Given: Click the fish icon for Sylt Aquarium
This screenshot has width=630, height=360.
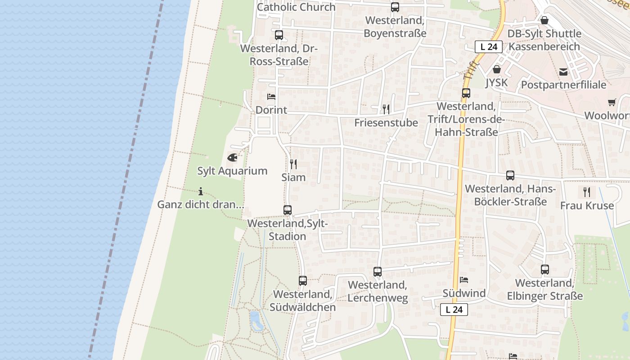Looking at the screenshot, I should pos(232,157).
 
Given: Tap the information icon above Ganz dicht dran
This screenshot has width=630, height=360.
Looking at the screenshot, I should pos(201,191).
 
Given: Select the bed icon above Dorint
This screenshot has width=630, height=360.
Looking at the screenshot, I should pos(271,97).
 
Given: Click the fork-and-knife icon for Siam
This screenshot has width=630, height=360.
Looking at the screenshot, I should pos(293,164).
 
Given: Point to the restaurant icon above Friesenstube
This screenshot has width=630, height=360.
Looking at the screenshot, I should pos(386,109).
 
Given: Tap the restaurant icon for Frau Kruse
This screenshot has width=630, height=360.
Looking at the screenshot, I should pos(587,192).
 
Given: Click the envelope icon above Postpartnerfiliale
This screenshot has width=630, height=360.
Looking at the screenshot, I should pos(563,72).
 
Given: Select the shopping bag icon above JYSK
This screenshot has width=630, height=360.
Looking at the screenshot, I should pos(497,69).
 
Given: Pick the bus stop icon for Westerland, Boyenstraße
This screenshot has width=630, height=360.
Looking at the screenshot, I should pos(395,7).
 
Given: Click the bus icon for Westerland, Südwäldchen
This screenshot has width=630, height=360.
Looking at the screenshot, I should pos(303,281).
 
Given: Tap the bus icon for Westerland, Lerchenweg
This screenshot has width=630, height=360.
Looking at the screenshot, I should pos(378,272).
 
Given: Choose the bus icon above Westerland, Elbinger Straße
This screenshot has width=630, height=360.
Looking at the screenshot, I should pos(545,270).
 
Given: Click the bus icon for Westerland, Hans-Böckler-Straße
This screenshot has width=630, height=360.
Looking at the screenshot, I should pos(510,175).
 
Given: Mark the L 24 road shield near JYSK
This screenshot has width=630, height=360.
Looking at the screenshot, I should pos(489,46).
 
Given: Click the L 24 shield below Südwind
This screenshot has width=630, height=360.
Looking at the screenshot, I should pos(454,310).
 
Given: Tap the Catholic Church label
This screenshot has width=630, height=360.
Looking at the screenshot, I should pos(296,7).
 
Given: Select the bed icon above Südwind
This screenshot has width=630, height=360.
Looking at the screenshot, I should pos(464,280).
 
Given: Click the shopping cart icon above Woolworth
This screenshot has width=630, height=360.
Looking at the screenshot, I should pos(612,103).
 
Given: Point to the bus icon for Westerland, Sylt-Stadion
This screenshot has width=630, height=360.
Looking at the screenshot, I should pos(287,210).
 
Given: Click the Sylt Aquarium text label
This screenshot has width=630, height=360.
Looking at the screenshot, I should pos(232,171).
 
